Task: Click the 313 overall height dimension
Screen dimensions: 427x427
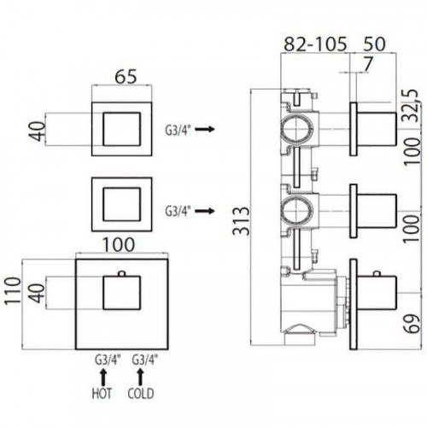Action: tap(241, 220)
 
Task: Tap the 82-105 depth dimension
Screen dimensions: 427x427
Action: tap(316, 44)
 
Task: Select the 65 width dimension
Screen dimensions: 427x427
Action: tap(126, 76)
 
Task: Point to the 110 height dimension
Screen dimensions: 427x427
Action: tap(13, 290)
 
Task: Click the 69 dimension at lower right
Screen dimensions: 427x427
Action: tap(412, 324)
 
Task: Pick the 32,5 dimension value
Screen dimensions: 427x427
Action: tap(412, 105)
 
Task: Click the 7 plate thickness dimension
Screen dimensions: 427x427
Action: tap(368, 64)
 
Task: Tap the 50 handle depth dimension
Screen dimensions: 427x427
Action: tap(374, 44)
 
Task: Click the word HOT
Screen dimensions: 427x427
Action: tap(102, 393)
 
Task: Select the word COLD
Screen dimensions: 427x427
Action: tap(141, 393)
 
